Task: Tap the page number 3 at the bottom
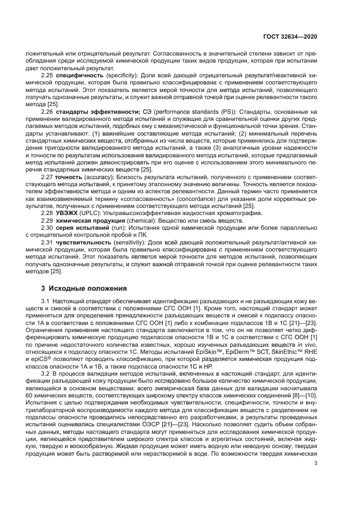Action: click(x=315, y=463)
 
